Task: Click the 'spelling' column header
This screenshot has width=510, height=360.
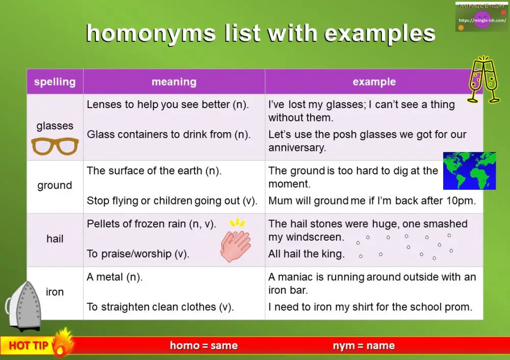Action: (x=55, y=82)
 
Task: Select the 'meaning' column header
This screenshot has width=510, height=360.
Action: (x=174, y=82)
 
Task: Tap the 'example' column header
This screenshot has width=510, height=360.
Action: (x=374, y=82)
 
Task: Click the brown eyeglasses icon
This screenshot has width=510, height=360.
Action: (x=55, y=146)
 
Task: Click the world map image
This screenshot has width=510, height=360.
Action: (x=469, y=171)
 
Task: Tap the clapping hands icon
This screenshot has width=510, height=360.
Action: (x=235, y=244)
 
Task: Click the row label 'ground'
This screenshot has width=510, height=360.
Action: (x=55, y=186)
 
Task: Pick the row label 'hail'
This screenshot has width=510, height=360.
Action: (x=55, y=239)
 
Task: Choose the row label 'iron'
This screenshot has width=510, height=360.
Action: (x=55, y=292)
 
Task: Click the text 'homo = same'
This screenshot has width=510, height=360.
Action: (x=203, y=346)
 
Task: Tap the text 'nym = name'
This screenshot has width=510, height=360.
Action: (x=364, y=346)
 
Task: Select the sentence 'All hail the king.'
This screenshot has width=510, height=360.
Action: (x=306, y=253)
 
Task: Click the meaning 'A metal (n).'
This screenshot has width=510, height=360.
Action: (x=115, y=277)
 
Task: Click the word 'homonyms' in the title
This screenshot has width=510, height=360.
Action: (x=151, y=34)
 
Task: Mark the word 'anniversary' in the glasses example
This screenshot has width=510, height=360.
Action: (x=297, y=148)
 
